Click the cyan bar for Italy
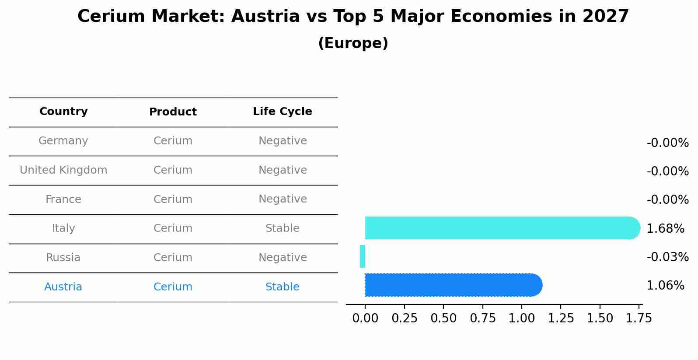[499, 228]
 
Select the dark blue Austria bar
[450, 285]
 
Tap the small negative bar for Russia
[362, 256]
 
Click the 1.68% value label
[665, 228]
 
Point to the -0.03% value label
[667, 257]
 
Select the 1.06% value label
[665, 286]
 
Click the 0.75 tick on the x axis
[482, 318]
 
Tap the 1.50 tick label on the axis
[600, 318]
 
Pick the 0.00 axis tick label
[365, 318]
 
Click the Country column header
[63, 112]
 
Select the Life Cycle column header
[282, 112]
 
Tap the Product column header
[173, 112]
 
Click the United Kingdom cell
[63, 170]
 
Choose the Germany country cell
[63, 141]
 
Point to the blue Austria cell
[63, 287]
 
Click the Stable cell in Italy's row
[282, 228]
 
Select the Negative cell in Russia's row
[282, 258]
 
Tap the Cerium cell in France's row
[173, 199]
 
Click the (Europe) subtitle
[353, 43]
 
